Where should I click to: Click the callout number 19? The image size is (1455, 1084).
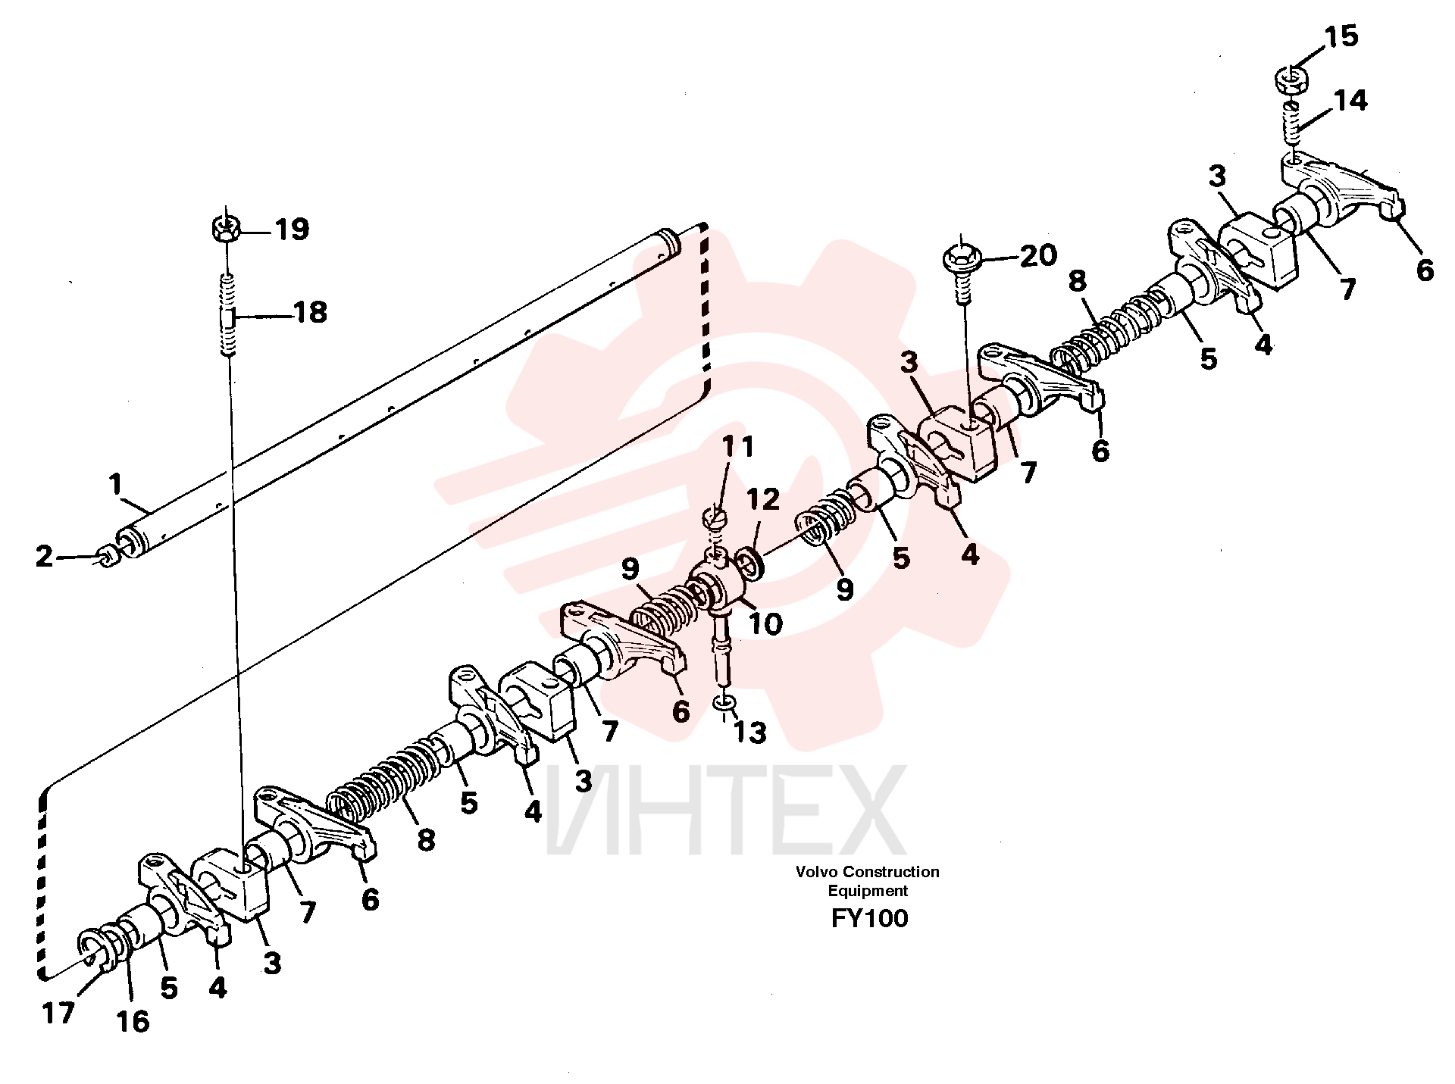292,229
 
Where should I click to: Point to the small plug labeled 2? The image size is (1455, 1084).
108,558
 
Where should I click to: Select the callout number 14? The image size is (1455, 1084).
1350,100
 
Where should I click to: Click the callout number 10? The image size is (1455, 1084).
765,623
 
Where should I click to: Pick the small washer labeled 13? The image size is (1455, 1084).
724,704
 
